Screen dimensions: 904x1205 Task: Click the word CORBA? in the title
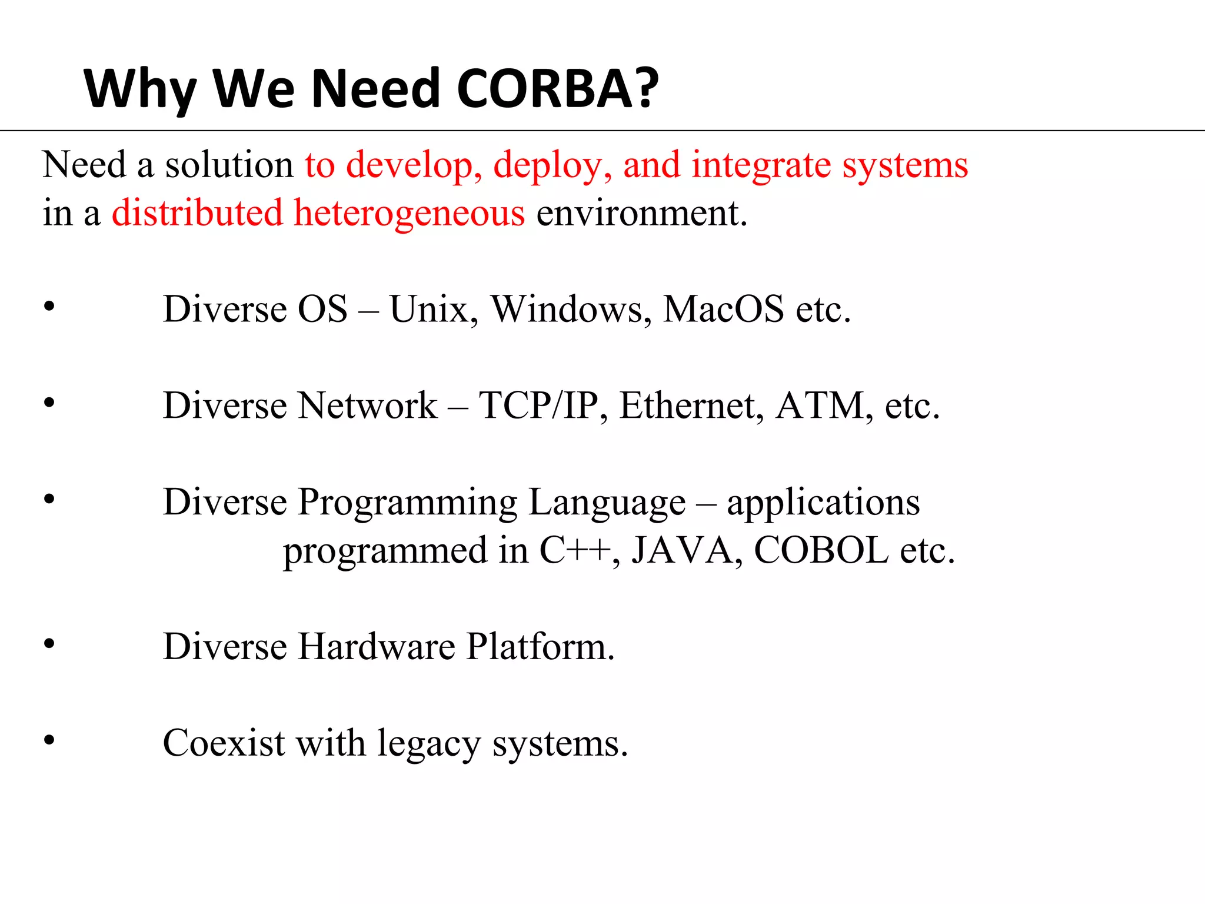click(557, 89)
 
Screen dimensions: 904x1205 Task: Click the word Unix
click(433, 309)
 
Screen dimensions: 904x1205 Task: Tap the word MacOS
click(723, 309)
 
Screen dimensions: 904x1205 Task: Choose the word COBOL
click(821, 550)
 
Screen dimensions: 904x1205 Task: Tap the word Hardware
click(377, 647)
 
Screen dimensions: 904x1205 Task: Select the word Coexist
click(224, 743)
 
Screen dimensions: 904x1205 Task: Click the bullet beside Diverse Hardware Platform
click(49, 644)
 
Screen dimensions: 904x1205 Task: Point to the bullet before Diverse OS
click(49, 306)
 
